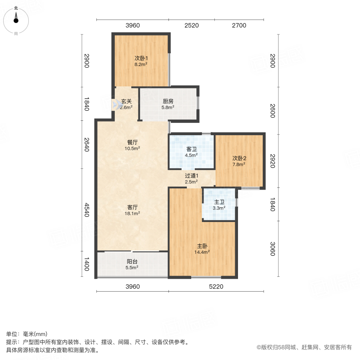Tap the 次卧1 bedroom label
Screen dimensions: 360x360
141,58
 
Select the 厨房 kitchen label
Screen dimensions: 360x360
168,101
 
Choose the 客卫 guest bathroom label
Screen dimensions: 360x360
192,149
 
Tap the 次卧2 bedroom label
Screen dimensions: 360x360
239,158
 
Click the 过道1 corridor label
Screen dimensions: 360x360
192,175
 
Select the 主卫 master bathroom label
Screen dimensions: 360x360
218,202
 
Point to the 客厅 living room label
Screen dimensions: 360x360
133,207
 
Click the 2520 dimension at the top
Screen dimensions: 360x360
192,26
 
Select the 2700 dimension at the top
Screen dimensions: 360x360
239,26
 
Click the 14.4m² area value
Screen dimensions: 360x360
202,252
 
